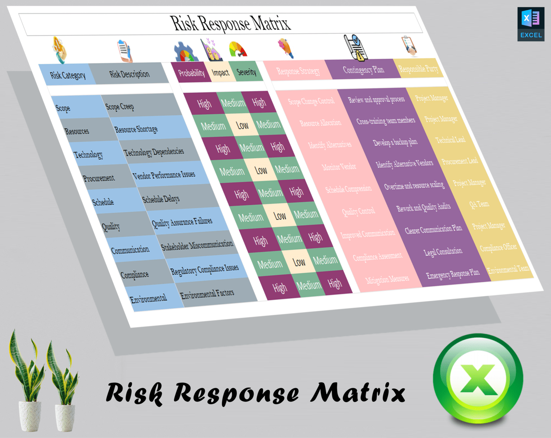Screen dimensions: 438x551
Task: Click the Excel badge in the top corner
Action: (531, 24)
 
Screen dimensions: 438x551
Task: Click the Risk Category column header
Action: (67, 75)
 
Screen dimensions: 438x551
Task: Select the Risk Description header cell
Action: (129, 74)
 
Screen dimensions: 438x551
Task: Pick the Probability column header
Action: (191, 73)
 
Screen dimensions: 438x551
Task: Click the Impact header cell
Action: (220, 72)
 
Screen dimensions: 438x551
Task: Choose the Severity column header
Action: (246, 72)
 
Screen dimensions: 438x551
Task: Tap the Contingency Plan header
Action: (363, 69)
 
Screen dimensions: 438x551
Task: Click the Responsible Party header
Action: (418, 69)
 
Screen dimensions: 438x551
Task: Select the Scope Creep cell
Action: (119, 106)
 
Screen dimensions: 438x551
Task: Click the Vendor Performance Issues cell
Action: (164, 175)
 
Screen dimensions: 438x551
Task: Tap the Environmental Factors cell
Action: (207, 294)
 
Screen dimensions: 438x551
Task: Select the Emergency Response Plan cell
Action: (453, 274)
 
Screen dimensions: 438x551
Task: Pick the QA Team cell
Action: (479, 204)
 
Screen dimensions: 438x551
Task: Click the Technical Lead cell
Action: (450, 140)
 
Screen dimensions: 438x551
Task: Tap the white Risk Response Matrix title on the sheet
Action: (230, 24)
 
